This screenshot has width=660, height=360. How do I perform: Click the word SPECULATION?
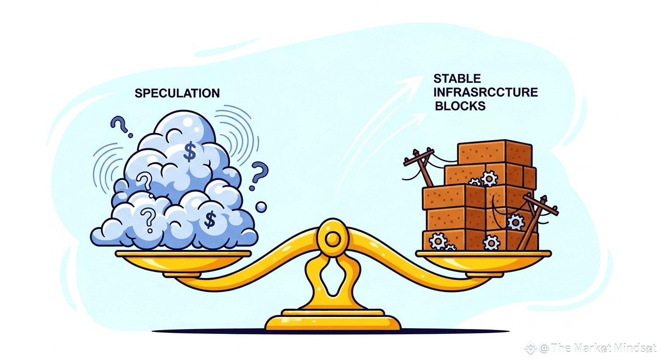pyautogui.click(x=177, y=93)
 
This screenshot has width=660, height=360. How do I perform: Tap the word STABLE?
pyautogui.click(x=457, y=78)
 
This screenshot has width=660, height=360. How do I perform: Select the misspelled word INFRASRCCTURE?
pyautogui.click(x=486, y=92)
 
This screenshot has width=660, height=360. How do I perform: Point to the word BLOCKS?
pyautogui.click(x=460, y=106)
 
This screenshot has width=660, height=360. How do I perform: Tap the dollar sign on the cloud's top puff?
pyautogui.click(x=189, y=152)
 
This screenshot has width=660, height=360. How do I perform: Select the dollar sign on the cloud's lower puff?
pyautogui.click(x=210, y=219)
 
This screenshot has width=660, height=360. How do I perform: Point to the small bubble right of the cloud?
pyautogui.click(x=261, y=206)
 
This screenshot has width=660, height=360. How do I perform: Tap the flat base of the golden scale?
pyautogui.click(x=332, y=322)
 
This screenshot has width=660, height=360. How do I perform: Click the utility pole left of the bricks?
pyautogui.click(x=422, y=169)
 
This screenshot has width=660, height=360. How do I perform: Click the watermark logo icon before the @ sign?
pyautogui.click(x=530, y=348)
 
